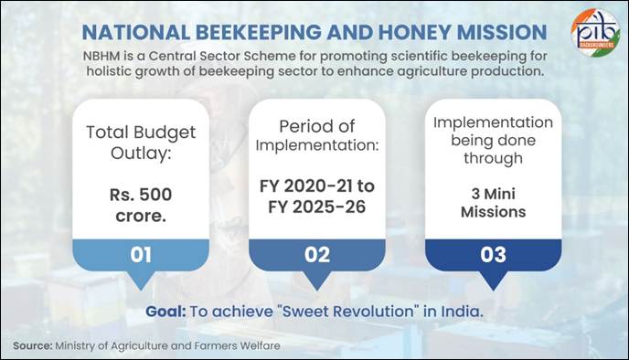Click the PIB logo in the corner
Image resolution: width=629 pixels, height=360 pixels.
pos(594,32)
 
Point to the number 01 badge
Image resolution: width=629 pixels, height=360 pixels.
pos(140,254)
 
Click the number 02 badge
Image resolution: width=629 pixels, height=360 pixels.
pos(316,254)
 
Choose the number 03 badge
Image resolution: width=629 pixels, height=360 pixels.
pos(493,254)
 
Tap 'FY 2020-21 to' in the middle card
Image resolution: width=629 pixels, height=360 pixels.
pos(316,185)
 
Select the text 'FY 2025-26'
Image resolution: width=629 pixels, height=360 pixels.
pos(316,208)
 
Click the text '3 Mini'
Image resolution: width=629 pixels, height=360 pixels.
pos(493,193)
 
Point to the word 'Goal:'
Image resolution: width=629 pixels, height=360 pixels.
pos(165,311)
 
